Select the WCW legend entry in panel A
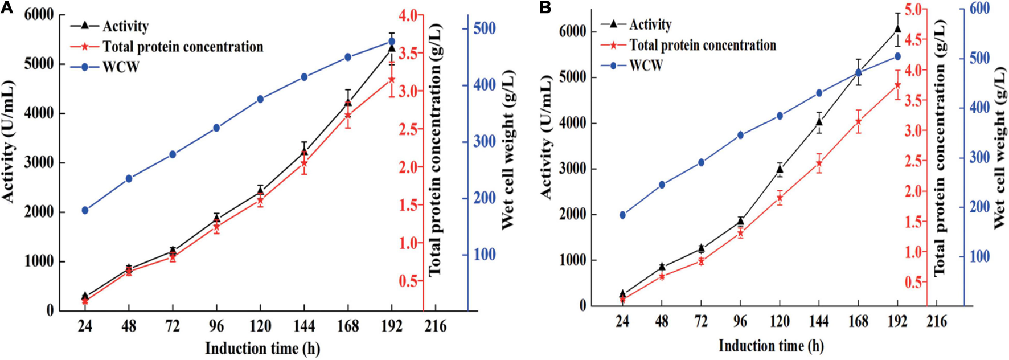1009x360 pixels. point(120,67)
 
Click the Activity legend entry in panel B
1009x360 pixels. point(650,24)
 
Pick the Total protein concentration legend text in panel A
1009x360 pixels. point(182,47)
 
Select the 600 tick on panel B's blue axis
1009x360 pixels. point(979,9)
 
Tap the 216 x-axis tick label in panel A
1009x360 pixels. point(435,326)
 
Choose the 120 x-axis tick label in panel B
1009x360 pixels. point(780,321)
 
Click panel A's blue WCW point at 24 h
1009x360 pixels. point(85,210)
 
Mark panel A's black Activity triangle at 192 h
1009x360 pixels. point(391,48)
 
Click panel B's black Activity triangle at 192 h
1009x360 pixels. point(897,28)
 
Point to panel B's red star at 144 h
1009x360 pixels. point(819,163)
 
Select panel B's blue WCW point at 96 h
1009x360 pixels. point(740,135)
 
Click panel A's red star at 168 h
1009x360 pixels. point(347,115)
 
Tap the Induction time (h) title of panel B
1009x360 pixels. point(770,345)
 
